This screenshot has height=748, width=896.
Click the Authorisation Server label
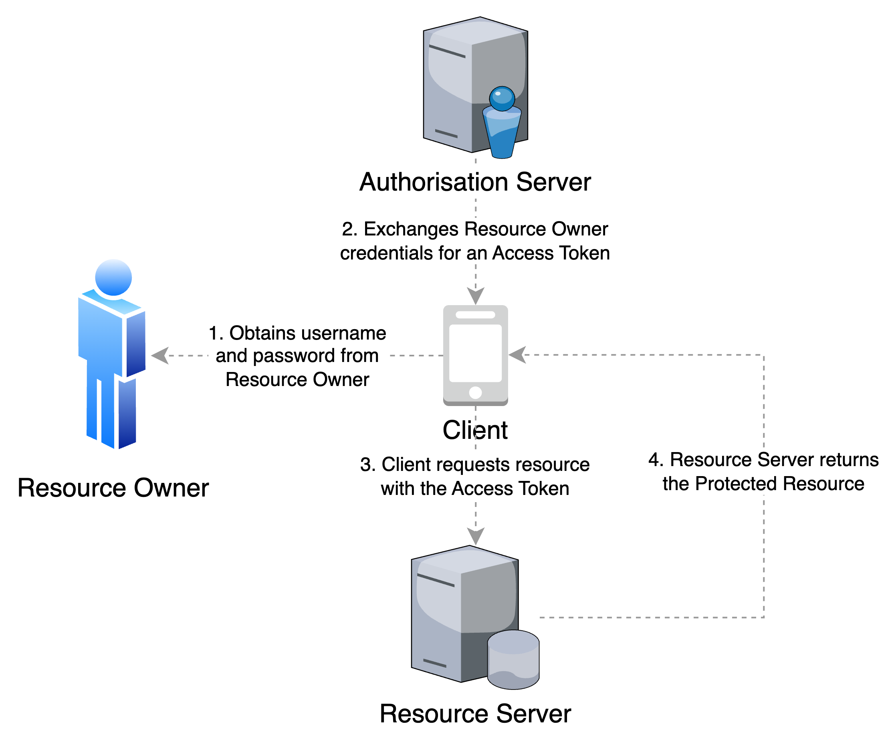475,183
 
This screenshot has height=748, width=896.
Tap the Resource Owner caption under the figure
113,489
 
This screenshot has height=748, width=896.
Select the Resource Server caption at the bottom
475,715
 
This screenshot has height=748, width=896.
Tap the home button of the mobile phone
475,392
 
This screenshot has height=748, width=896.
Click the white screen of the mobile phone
475,353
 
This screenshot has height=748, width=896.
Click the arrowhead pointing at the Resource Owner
160,356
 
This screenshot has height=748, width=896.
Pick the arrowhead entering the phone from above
476,296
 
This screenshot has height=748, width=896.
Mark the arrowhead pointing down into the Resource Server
476,536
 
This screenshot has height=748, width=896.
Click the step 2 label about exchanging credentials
475,241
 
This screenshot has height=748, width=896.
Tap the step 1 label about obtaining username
297,356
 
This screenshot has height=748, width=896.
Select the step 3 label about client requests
475,477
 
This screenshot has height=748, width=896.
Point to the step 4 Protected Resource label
763,472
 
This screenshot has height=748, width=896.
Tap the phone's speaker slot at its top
475,315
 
